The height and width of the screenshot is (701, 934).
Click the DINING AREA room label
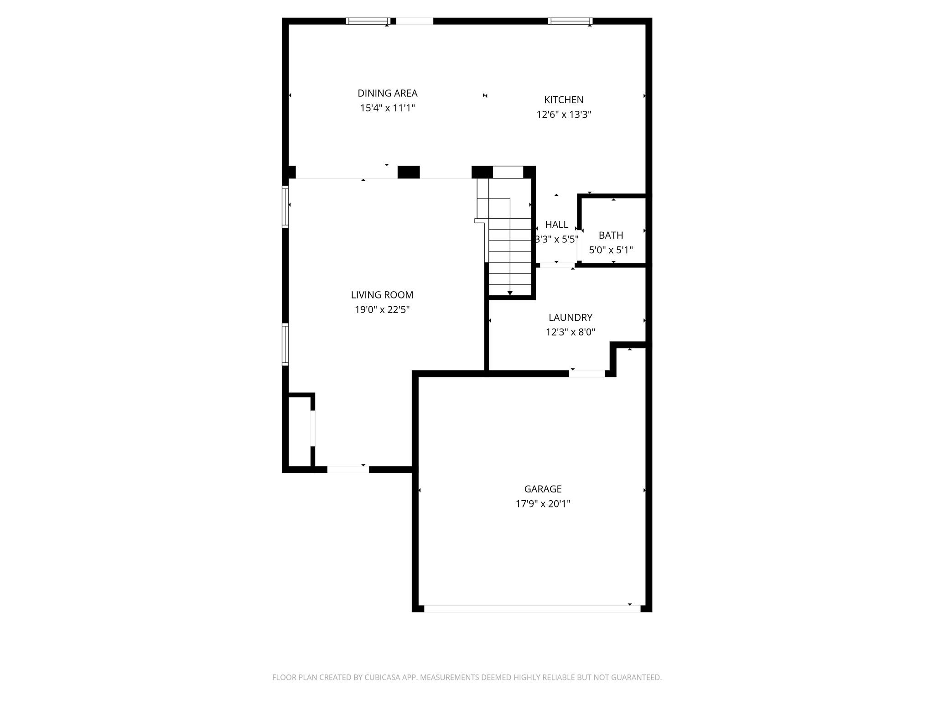[387, 94]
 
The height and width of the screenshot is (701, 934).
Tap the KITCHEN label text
[564, 100]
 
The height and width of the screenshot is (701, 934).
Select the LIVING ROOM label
[382, 295]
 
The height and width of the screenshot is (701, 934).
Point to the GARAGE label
[543, 489]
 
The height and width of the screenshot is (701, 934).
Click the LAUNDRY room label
[571, 318]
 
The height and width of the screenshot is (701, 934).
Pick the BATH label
[611, 235]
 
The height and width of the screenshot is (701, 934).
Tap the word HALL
[556, 225]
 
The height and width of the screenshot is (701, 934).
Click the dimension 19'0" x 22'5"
[382, 310]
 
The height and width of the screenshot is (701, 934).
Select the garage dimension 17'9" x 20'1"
[543, 504]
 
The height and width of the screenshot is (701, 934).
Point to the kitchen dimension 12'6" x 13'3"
[564, 115]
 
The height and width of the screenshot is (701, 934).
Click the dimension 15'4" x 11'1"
[387, 108]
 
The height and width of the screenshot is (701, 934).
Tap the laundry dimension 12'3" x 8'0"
[571, 332]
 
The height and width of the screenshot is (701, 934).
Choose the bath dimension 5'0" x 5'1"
[611, 250]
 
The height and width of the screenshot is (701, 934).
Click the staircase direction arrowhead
[510, 293]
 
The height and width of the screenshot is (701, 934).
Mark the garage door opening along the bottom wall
[532, 608]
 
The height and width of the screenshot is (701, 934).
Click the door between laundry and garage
[587, 374]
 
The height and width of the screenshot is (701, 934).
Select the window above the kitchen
[570, 21]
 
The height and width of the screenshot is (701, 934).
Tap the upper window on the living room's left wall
[285, 207]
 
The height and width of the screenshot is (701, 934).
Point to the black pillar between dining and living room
[409, 172]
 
